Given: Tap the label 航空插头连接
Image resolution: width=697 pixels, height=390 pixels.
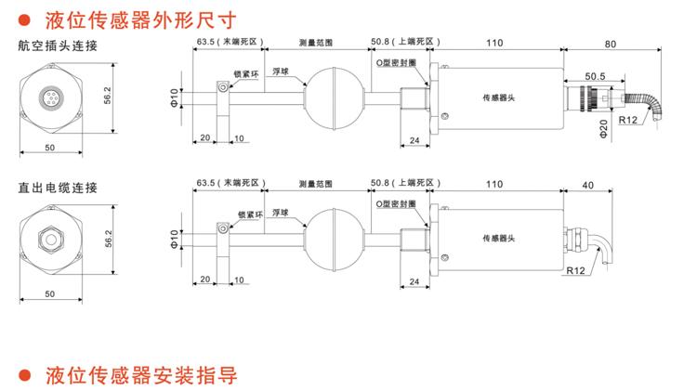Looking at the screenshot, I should pos(57,45).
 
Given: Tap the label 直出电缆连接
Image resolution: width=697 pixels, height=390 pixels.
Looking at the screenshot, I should pos(57,188).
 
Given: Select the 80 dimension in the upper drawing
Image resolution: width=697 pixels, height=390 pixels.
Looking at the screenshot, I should pos(610,43).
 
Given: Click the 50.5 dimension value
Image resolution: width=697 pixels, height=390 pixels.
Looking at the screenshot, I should pos(596,76).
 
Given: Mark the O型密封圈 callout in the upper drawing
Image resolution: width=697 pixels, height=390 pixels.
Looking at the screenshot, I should pos(395,59).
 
